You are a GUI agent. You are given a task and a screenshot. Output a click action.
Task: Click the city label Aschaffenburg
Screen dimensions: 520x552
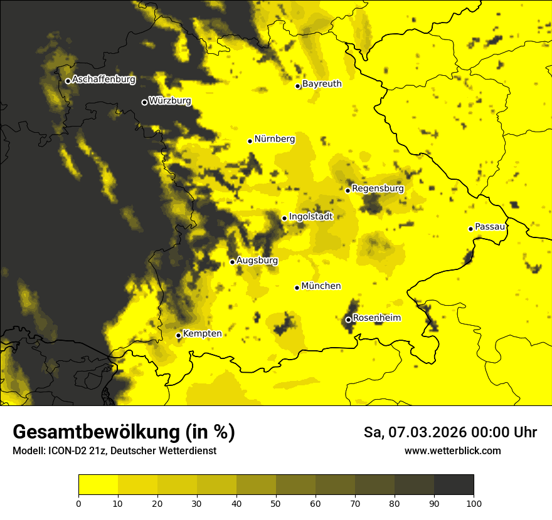(103, 80)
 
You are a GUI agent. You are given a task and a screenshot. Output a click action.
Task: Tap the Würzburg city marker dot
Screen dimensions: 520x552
(144, 102)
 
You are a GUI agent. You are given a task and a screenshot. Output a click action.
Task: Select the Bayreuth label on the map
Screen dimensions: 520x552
(322, 84)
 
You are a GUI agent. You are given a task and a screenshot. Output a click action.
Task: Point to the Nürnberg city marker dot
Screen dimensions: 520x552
(250, 141)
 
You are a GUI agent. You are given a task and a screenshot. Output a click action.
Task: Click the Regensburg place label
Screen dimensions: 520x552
(378, 189)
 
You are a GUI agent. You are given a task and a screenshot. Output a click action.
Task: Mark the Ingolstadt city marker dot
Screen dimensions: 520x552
(284, 219)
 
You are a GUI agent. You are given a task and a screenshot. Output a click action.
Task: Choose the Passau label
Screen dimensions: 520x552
(490, 227)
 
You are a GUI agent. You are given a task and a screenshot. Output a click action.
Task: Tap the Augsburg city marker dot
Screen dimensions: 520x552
(232, 262)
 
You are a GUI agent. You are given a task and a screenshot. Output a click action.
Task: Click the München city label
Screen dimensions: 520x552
(321, 286)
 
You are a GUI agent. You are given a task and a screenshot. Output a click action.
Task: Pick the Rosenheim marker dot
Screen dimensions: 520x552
(348, 320)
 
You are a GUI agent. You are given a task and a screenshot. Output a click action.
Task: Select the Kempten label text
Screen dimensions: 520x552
(202, 334)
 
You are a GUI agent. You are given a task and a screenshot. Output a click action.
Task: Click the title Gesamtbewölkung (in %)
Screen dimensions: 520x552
(124, 432)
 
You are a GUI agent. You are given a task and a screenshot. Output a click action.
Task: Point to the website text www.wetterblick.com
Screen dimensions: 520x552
(452, 451)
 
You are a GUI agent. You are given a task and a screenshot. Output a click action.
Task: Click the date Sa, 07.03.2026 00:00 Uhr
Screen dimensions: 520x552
(450, 432)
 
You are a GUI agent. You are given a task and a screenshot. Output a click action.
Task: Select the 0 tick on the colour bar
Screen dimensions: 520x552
(78, 503)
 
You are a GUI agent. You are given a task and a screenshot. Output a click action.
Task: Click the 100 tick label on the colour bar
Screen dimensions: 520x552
(474, 503)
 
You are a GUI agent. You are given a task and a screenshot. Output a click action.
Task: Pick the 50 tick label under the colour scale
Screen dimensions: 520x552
(276, 503)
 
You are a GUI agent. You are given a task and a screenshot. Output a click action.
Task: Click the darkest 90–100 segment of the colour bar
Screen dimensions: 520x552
(454, 485)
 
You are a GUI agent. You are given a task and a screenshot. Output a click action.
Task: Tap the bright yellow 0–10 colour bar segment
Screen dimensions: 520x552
(98, 485)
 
